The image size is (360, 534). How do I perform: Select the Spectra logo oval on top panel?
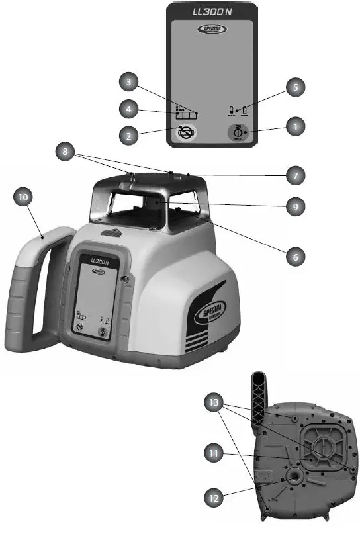pyautogui.click(x=213, y=30)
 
